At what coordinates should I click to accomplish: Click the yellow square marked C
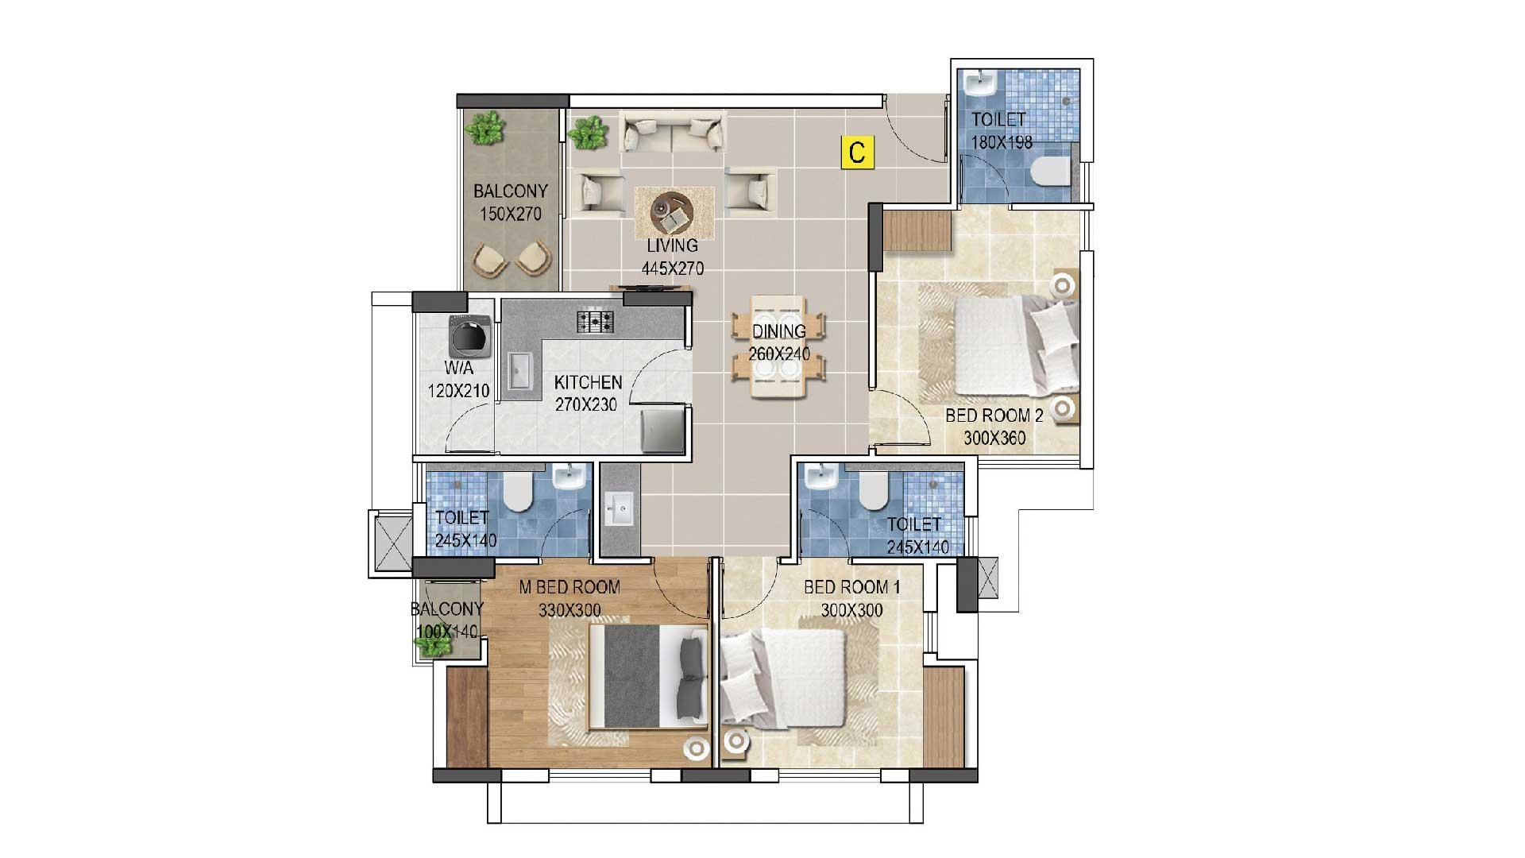coord(857,153)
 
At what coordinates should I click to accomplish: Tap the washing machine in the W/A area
coord(468,336)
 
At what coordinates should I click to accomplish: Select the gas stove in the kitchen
coord(595,321)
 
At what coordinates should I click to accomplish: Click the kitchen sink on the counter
coord(519,372)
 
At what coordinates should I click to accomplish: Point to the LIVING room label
coord(672,245)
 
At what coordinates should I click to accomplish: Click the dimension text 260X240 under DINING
coord(779,354)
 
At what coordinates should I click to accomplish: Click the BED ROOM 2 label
coord(994,415)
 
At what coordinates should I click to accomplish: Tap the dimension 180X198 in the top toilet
coord(1002,142)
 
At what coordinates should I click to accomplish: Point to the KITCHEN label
coord(588,382)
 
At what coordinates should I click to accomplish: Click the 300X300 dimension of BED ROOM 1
coord(851,610)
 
